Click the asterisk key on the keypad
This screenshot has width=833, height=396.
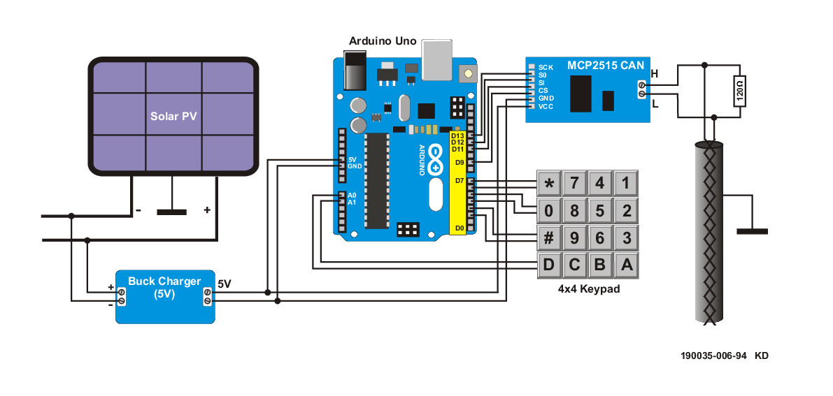point(549,184)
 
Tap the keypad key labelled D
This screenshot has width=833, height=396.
point(549,265)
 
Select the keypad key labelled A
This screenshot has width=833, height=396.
point(626,265)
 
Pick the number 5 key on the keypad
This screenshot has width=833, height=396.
point(600,211)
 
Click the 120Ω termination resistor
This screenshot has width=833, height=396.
point(740,90)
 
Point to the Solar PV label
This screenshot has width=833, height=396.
point(173,116)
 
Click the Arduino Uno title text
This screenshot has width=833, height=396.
point(383,41)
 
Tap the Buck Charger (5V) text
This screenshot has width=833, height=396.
point(164,288)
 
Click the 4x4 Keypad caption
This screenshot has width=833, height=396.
point(588,288)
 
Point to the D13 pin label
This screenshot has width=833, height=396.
point(457,135)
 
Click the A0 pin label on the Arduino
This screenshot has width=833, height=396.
point(352,195)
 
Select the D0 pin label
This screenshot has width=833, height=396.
point(459,228)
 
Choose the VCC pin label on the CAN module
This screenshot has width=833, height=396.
point(546,106)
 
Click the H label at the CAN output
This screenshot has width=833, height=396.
point(655,73)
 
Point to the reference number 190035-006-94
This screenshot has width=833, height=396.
point(713,355)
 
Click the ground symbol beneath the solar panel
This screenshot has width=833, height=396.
point(171,212)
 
